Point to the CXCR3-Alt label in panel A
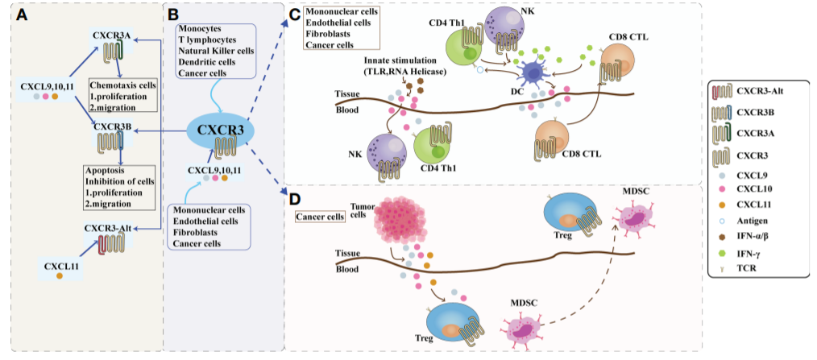pos(113,229)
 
